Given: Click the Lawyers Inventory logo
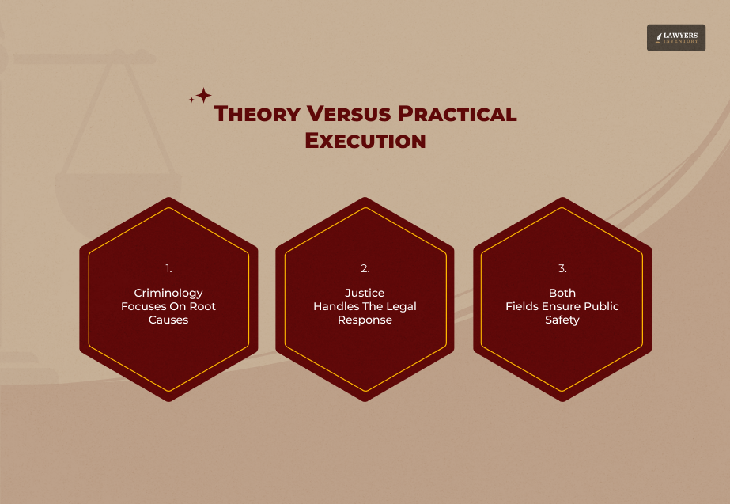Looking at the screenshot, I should [x=675, y=38].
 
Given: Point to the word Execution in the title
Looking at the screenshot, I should [x=365, y=142].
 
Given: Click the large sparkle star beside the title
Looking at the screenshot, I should [x=203, y=96].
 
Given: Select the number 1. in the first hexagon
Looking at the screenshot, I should [x=168, y=268].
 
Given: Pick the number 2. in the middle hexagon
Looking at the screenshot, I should [x=365, y=268].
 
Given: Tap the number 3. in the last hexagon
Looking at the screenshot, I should [x=562, y=268].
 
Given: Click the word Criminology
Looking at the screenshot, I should [x=168, y=293].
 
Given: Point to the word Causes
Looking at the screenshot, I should [x=168, y=320].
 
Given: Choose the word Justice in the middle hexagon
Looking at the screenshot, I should [x=365, y=293].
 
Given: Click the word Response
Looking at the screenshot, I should [x=365, y=320].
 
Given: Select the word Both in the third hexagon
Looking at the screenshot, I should [x=562, y=293].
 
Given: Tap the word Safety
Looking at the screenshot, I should [x=562, y=320].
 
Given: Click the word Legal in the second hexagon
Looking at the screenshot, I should [x=400, y=306].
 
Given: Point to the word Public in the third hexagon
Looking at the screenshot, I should [x=601, y=306].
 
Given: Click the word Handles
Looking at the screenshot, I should [x=335, y=306].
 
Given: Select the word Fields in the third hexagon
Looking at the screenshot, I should [x=521, y=306].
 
